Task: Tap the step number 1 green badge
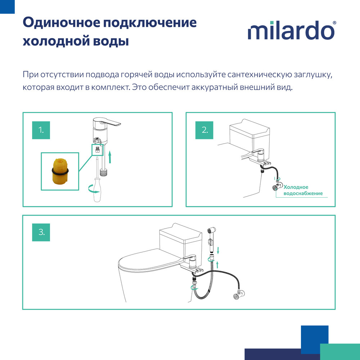tap(42, 130)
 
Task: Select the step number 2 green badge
tap(204, 130)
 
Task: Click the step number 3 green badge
tap(41, 232)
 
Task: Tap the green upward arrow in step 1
tap(110, 157)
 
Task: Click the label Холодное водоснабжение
tap(302, 190)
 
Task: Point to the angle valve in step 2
tap(277, 187)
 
